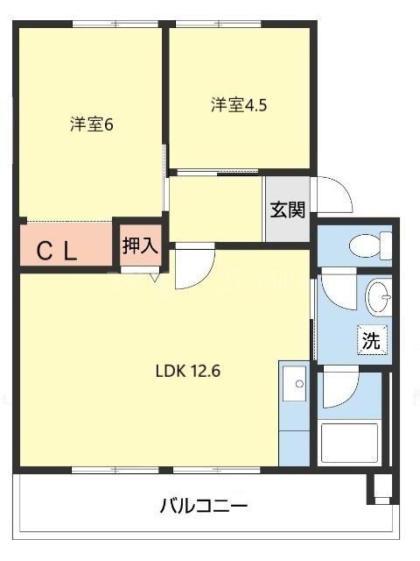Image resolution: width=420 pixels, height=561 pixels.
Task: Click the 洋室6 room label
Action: (x=92, y=124)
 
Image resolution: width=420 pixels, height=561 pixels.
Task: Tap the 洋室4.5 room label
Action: (x=238, y=105)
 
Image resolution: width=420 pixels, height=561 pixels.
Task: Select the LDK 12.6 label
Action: (x=187, y=369)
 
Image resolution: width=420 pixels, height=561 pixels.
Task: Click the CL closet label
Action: (x=58, y=252)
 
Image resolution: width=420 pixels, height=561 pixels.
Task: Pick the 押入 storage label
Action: (x=140, y=245)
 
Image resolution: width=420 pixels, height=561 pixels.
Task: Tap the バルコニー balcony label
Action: (x=204, y=506)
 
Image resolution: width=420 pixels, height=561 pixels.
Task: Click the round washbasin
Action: (x=380, y=297)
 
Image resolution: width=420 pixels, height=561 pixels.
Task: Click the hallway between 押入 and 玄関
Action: (x=215, y=209)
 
